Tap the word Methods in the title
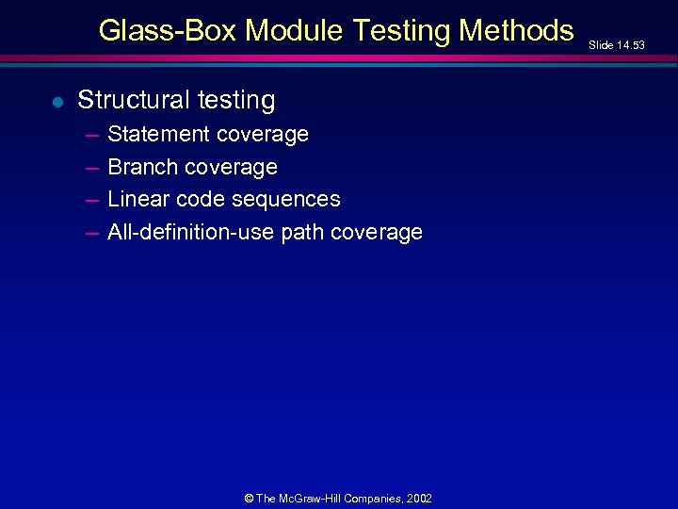point(516,31)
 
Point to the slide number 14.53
point(630,44)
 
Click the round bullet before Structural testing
point(56,102)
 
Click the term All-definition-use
point(191,232)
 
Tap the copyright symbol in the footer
point(248,498)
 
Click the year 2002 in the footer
point(420,498)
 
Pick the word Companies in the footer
point(375,498)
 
